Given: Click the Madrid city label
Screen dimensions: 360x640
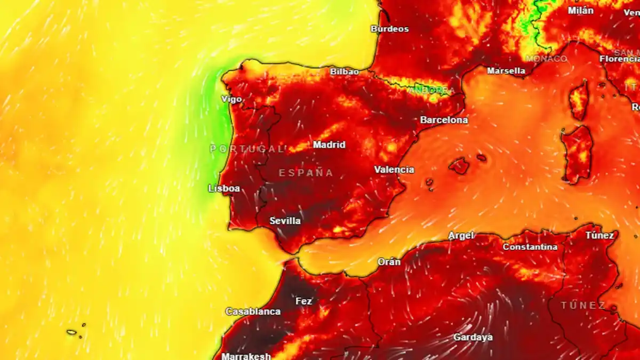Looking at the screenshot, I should [x=329, y=145].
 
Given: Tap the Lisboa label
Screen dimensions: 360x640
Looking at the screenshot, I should [x=224, y=188].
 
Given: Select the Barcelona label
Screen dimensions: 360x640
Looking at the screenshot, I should [x=444, y=120].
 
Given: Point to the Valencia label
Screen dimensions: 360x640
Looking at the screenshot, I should [x=394, y=170].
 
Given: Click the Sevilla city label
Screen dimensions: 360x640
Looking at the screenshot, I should [x=285, y=221].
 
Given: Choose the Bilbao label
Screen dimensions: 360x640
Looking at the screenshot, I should [x=345, y=71].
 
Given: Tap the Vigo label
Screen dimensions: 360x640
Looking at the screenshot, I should [x=231, y=99].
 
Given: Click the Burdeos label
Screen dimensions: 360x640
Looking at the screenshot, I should [x=390, y=29].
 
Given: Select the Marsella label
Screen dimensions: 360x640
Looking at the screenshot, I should [x=506, y=70].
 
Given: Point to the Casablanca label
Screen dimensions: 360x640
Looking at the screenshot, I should [x=253, y=311].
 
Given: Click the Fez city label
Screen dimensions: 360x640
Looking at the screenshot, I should [x=304, y=301].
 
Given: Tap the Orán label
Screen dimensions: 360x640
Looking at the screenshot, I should [x=389, y=262].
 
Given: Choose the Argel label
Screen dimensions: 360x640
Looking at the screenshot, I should [x=461, y=235].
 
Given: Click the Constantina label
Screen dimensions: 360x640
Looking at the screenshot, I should [x=530, y=247].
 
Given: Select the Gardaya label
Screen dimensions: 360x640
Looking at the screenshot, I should [x=473, y=337].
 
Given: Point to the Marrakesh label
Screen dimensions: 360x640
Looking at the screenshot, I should [x=246, y=356].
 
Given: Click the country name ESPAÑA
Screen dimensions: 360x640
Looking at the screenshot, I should [x=306, y=173].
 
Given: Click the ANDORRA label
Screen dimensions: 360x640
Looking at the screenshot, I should [x=432, y=90].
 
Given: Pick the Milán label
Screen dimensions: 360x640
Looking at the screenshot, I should [x=580, y=10].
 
